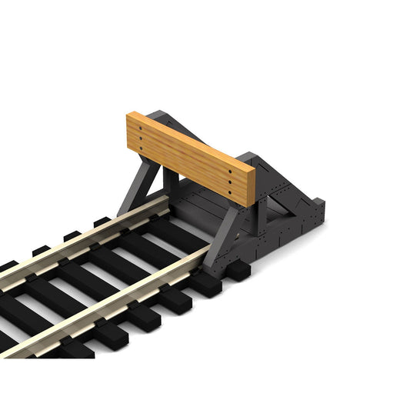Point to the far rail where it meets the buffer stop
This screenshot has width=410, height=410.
158,202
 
